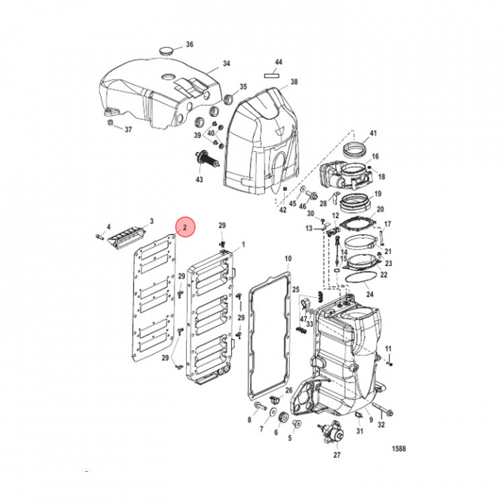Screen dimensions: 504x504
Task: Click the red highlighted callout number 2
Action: pyautogui.click(x=185, y=227)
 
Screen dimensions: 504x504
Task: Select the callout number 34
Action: pyautogui.click(x=226, y=64)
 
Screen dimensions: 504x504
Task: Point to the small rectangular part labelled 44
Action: pyautogui.click(x=273, y=71)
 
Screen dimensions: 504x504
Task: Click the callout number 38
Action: pyautogui.click(x=294, y=82)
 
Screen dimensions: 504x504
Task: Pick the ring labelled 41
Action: pyautogui.click(x=358, y=150)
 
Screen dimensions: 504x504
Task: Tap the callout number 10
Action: pyautogui.click(x=287, y=258)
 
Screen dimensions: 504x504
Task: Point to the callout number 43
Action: pyautogui.click(x=199, y=180)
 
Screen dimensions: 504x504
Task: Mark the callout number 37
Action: pyautogui.click(x=127, y=129)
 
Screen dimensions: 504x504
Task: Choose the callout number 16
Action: pyautogui.click(x=375, y=157)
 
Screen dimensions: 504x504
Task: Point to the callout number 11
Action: pyautogui.click(x=389, y=349)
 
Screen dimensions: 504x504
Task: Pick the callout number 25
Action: pyautogui.click(x=295, y=289)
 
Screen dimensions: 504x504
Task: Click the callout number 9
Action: pyautogui.click(x=370, y=419)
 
